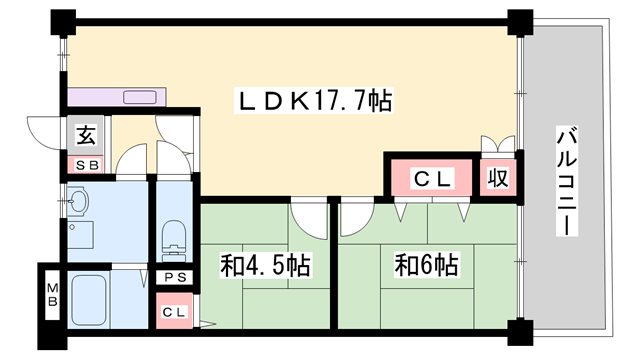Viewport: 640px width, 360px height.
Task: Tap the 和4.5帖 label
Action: click(x=265, y=266)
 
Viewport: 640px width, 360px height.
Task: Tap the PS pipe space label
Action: click(x=175, y=277)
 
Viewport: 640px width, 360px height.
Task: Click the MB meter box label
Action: click(x=51, y=297)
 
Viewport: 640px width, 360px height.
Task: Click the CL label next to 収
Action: click(x=434, y=179)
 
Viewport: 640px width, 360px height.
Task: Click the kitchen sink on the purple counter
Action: click(x=139, y=97)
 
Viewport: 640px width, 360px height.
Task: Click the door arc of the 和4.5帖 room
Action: click(x=309, y=218)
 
